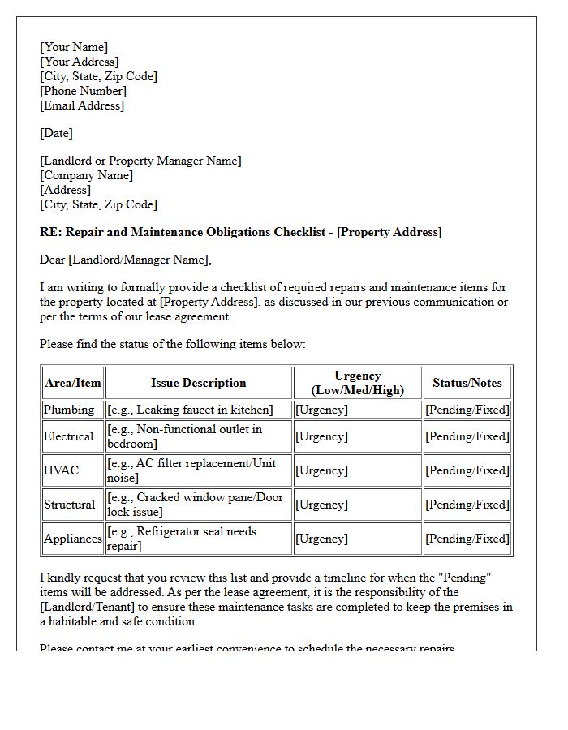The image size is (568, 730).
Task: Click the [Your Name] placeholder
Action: click(x=74, y=47)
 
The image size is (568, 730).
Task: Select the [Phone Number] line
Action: click(x=83, y=91)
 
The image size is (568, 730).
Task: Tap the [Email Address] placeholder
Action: click(x=82, y=105)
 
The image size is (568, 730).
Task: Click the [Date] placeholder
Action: click(x=56, y=133)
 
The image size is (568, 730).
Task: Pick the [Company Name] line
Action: click(x=86, y=175)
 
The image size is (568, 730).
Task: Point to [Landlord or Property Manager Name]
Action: click(x=140, y=161)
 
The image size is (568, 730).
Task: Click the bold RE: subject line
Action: click(x=240, y=232)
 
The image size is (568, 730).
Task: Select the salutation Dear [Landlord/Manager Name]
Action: click(x=125, y=260)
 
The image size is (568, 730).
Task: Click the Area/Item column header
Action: click(x=73, y=383)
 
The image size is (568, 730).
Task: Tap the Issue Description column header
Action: click(x=198, y=383)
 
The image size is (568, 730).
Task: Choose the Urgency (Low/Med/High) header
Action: click(x=357, y=383)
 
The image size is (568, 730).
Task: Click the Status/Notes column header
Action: click(x=467, y=383)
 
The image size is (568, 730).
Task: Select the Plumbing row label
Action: click(x=69, y=410)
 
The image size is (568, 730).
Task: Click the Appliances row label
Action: click(x=73, y=539)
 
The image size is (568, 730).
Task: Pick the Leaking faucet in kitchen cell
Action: click(x=190, y=410)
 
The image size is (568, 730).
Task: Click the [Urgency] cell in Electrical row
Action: click(x=321, y=436)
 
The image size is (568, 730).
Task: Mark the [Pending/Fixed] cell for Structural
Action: click(x=467, y=505)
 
